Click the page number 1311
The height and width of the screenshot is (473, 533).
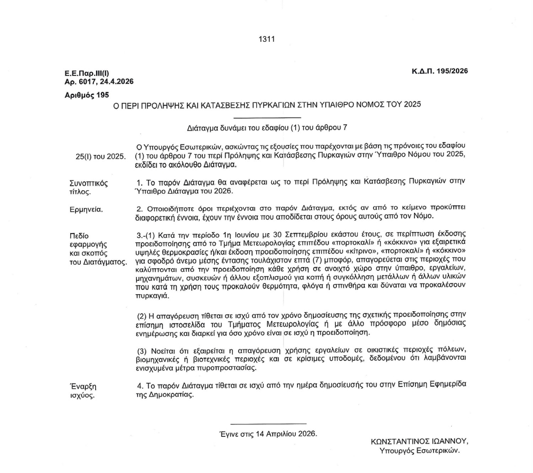click(266, 38)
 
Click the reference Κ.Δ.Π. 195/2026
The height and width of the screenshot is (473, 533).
click(436, 71)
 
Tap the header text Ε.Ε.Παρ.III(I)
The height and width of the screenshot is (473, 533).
click(87, 74)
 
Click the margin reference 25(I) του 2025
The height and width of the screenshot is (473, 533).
click(100, 157)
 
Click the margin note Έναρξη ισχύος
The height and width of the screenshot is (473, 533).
click(83, 390)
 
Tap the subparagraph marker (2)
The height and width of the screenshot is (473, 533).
click(142, 315)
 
